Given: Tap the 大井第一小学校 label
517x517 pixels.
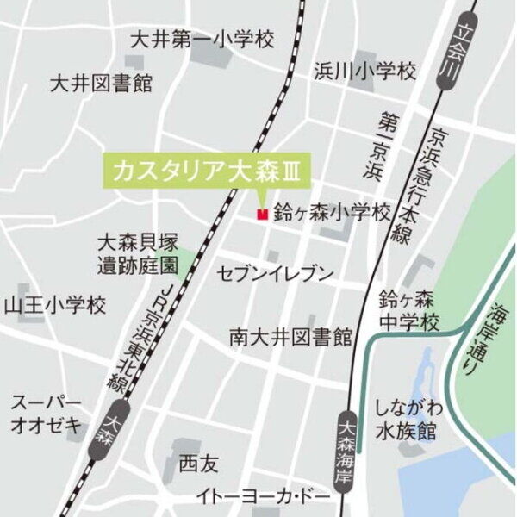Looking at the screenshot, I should tap(201, 40).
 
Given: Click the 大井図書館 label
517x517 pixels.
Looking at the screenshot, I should tap(101, 84).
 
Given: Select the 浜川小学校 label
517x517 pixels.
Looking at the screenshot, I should tap(364, 71).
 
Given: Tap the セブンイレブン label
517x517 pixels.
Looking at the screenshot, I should tap(276, 275).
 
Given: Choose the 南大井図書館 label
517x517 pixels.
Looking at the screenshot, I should tap(291, 335).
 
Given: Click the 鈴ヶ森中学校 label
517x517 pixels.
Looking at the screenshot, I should tap(409, 311).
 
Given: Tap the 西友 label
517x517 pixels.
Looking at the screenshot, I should tap(199, 465).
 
